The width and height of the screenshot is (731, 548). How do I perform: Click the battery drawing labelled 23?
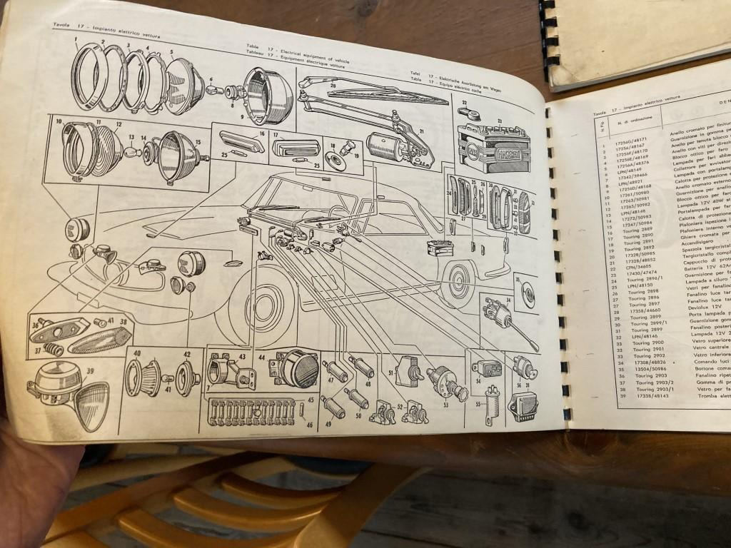(493, 147)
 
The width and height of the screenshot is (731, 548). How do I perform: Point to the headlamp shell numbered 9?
(268, 96)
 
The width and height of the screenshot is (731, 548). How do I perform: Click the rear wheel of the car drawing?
(457, 282)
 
